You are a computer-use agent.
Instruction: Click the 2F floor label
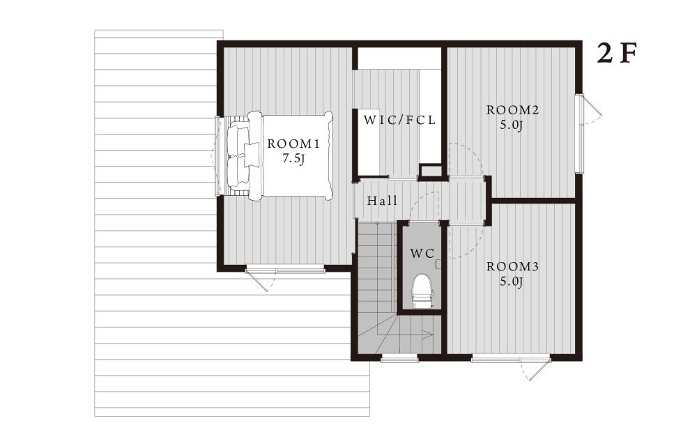(x=617, y=54)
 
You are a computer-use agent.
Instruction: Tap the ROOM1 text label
(x=293, y=144)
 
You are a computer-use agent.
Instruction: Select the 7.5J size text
(x=294, y=159)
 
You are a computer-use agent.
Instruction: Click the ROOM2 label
(x=512, y=110)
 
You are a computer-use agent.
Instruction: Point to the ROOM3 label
(x=512, y=267)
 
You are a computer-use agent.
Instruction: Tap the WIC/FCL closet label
(x=399, y=120)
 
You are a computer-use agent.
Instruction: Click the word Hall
(x=382, y=201)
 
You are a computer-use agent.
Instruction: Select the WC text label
(x=422, y=254)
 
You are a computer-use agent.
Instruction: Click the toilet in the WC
(x=421, y=291)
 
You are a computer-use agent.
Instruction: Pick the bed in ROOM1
(x=280, y=155)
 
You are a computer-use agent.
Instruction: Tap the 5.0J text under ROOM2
(x=511, y=125)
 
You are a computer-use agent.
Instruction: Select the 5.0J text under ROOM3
(x=511, y=282)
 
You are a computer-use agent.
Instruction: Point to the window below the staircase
(x=399, y=357)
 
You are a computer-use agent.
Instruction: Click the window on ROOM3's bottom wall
(x=511, y=357)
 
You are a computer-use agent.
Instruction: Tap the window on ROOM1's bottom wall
(x=285, y=269)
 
